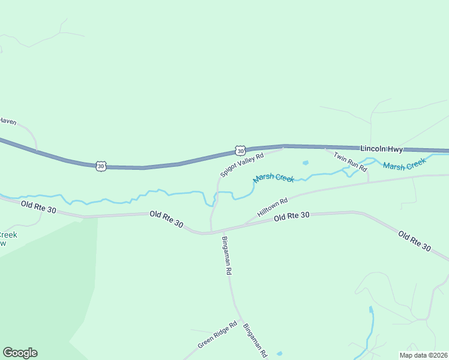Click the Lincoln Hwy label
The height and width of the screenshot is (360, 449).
point(381,149)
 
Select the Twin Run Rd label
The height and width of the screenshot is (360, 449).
point(350,162)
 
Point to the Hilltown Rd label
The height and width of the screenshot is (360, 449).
point(273,208)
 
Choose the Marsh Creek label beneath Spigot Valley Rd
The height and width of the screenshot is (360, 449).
point(274,178)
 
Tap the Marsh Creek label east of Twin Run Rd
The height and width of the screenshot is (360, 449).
point(405,164)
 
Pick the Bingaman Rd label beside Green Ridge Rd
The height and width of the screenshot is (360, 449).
point(255,340)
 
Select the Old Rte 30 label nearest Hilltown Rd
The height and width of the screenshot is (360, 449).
point(291,216)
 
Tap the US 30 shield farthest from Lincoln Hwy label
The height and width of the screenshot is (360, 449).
point(100,165)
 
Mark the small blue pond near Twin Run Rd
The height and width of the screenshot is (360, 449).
point(306,163)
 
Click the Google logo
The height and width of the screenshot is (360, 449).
point(20,353)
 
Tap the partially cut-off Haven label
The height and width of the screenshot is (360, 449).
point(8,121)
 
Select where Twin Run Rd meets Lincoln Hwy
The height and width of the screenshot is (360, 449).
point(325,147)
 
